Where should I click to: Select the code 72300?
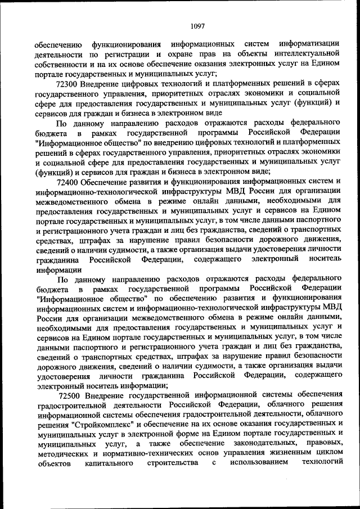[x=68, y=83]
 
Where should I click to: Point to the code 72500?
[x=68, y=395]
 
